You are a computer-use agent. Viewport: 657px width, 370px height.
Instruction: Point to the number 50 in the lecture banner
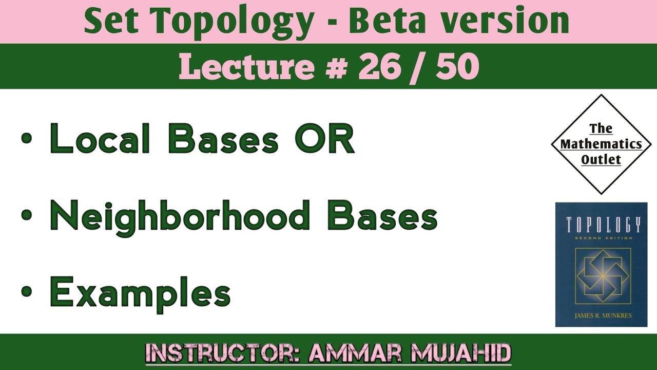coord(457,67)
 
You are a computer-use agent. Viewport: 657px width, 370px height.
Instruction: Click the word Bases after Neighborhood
coord(382,216)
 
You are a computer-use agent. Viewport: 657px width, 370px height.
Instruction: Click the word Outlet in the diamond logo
coord(601,160)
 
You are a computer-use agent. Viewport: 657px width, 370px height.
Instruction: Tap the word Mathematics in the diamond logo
coord(601,144)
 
